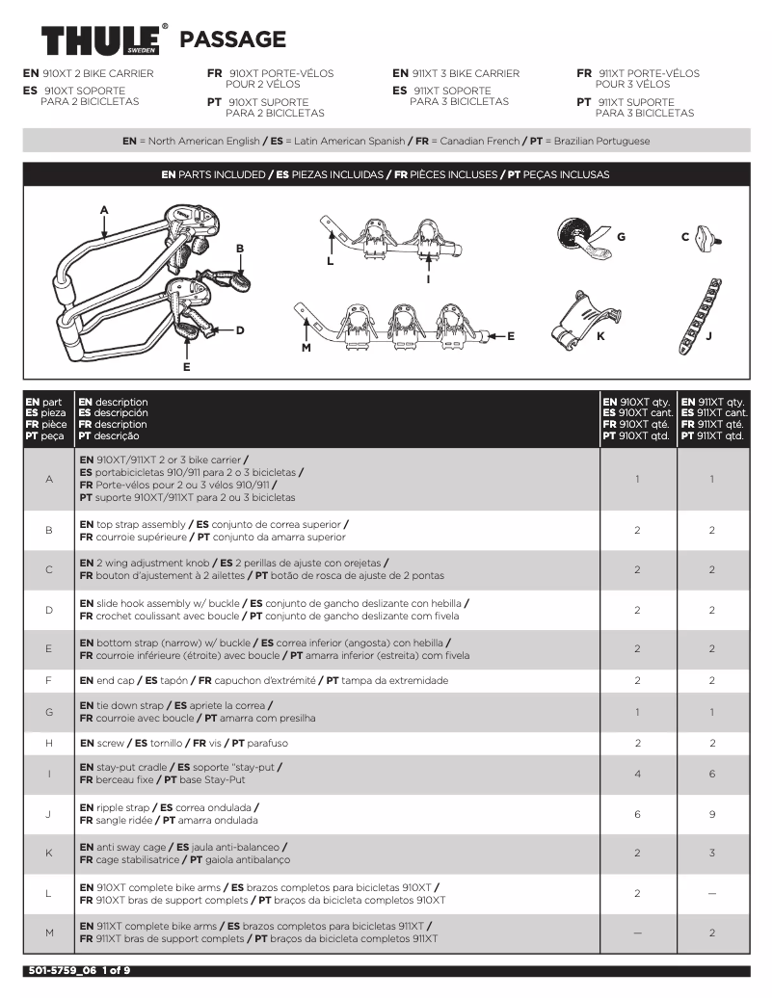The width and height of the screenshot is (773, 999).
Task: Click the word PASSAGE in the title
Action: tap(233, 39)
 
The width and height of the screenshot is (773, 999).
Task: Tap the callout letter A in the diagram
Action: tap(104, 210)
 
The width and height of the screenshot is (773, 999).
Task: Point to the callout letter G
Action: tap(621, 236)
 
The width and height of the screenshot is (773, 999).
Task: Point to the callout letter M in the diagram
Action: tap(306, 347)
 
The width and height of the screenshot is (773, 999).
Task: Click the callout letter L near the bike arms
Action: tap(330, 260)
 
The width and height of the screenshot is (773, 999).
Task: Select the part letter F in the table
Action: tap(48, 680)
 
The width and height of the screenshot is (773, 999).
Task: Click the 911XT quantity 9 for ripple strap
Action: tap(711, 814)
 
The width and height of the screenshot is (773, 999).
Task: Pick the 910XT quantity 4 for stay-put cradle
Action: tap(637, 774)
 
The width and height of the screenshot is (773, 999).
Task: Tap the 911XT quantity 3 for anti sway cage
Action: tap(711, 854)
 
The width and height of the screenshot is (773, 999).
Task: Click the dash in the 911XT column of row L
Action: tap(711, 894)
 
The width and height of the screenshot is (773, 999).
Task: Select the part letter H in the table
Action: tap(48, 743)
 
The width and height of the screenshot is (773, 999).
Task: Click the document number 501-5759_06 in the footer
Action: tap(61, 971)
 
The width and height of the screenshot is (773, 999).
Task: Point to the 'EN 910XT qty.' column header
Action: tap(636, 402)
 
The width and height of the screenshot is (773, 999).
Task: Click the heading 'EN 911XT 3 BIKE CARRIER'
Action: tap(456, 73)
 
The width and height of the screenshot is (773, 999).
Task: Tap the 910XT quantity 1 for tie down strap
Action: tap(637, 712)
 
